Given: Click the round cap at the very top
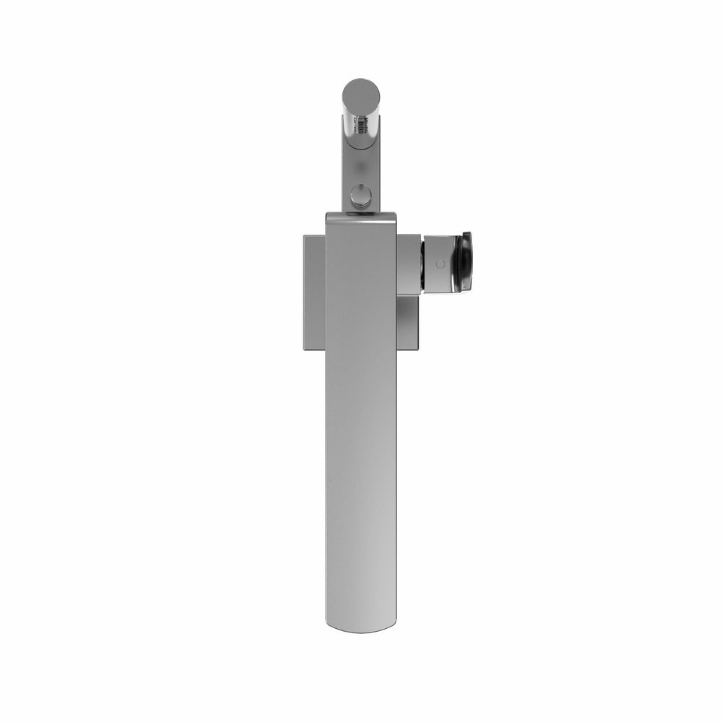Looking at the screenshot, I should click(361, 94).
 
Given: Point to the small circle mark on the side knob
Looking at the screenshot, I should click(440, 264).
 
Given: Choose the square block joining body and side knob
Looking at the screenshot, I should click(409, 264).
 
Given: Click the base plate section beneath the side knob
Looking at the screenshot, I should click(408, 322).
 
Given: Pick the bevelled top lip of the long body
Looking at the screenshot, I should click(360, 217).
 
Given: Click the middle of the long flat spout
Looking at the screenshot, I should click(361, 433).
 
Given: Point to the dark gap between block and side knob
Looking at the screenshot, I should click(424, 264).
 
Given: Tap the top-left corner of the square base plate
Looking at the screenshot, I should click(304, 235).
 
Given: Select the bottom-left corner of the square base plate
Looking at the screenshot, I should click(304, 349).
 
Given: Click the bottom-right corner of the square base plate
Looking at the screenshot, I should click(418, 349).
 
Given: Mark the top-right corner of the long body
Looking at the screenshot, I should click(394, 214).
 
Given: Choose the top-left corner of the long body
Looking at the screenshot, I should click(327, 214).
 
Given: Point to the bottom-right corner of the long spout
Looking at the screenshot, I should click(396, 622).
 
